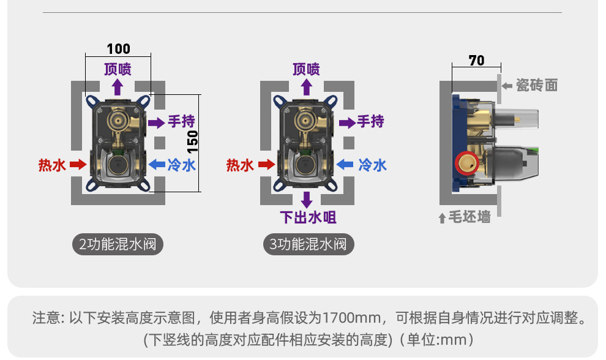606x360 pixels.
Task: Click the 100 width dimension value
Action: click(118, 49)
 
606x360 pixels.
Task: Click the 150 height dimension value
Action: click(192, 142)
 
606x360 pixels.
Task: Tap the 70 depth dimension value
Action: click(476, 60)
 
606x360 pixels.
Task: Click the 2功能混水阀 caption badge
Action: click(118, 245)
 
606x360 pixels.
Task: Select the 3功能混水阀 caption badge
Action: click(309, 245)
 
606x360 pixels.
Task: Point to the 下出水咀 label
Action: click(308, 217)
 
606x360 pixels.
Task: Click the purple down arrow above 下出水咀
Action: click(307, 200)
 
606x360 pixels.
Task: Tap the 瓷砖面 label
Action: click(537, 86)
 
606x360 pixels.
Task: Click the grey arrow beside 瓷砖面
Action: click(507, 86)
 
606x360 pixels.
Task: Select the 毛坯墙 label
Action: click(469, 217)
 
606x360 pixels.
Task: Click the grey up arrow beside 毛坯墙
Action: click(442, 218)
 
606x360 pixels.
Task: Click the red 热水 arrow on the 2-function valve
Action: click(78, 164)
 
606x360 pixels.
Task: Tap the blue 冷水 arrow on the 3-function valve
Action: click(345, 164)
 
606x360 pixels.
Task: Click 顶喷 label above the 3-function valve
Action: click(306, 69)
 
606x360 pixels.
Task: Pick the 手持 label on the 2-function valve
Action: click(182, 121)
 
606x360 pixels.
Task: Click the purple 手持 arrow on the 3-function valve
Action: click(347, 122)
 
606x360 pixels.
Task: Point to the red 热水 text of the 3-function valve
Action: click(240, 165)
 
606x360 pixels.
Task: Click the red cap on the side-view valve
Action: click(466, 163)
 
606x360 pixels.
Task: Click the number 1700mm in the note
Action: click(351, 319)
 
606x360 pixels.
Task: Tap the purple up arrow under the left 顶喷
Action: click(117, 86)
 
